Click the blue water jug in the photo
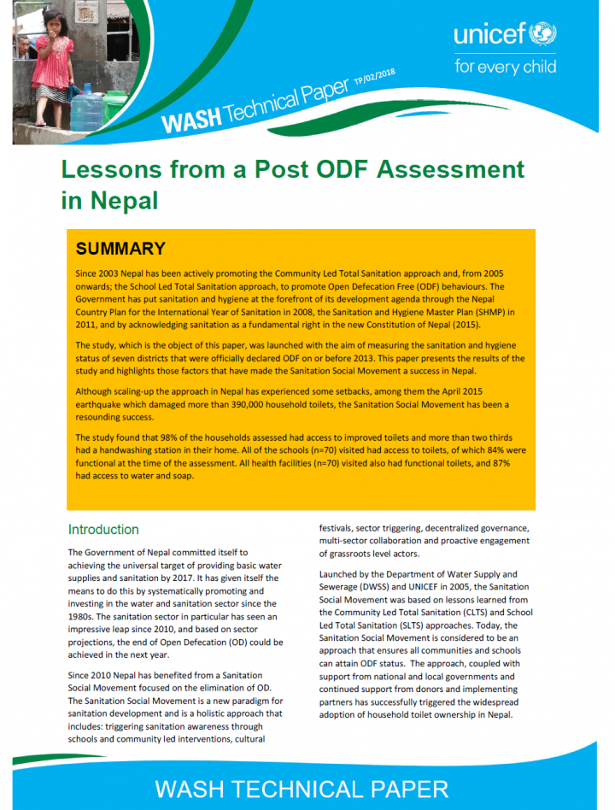(85, 110)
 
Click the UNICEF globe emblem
(542, 35)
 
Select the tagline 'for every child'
(505, 66)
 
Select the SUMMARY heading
(120, 249)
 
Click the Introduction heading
(103, 530)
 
